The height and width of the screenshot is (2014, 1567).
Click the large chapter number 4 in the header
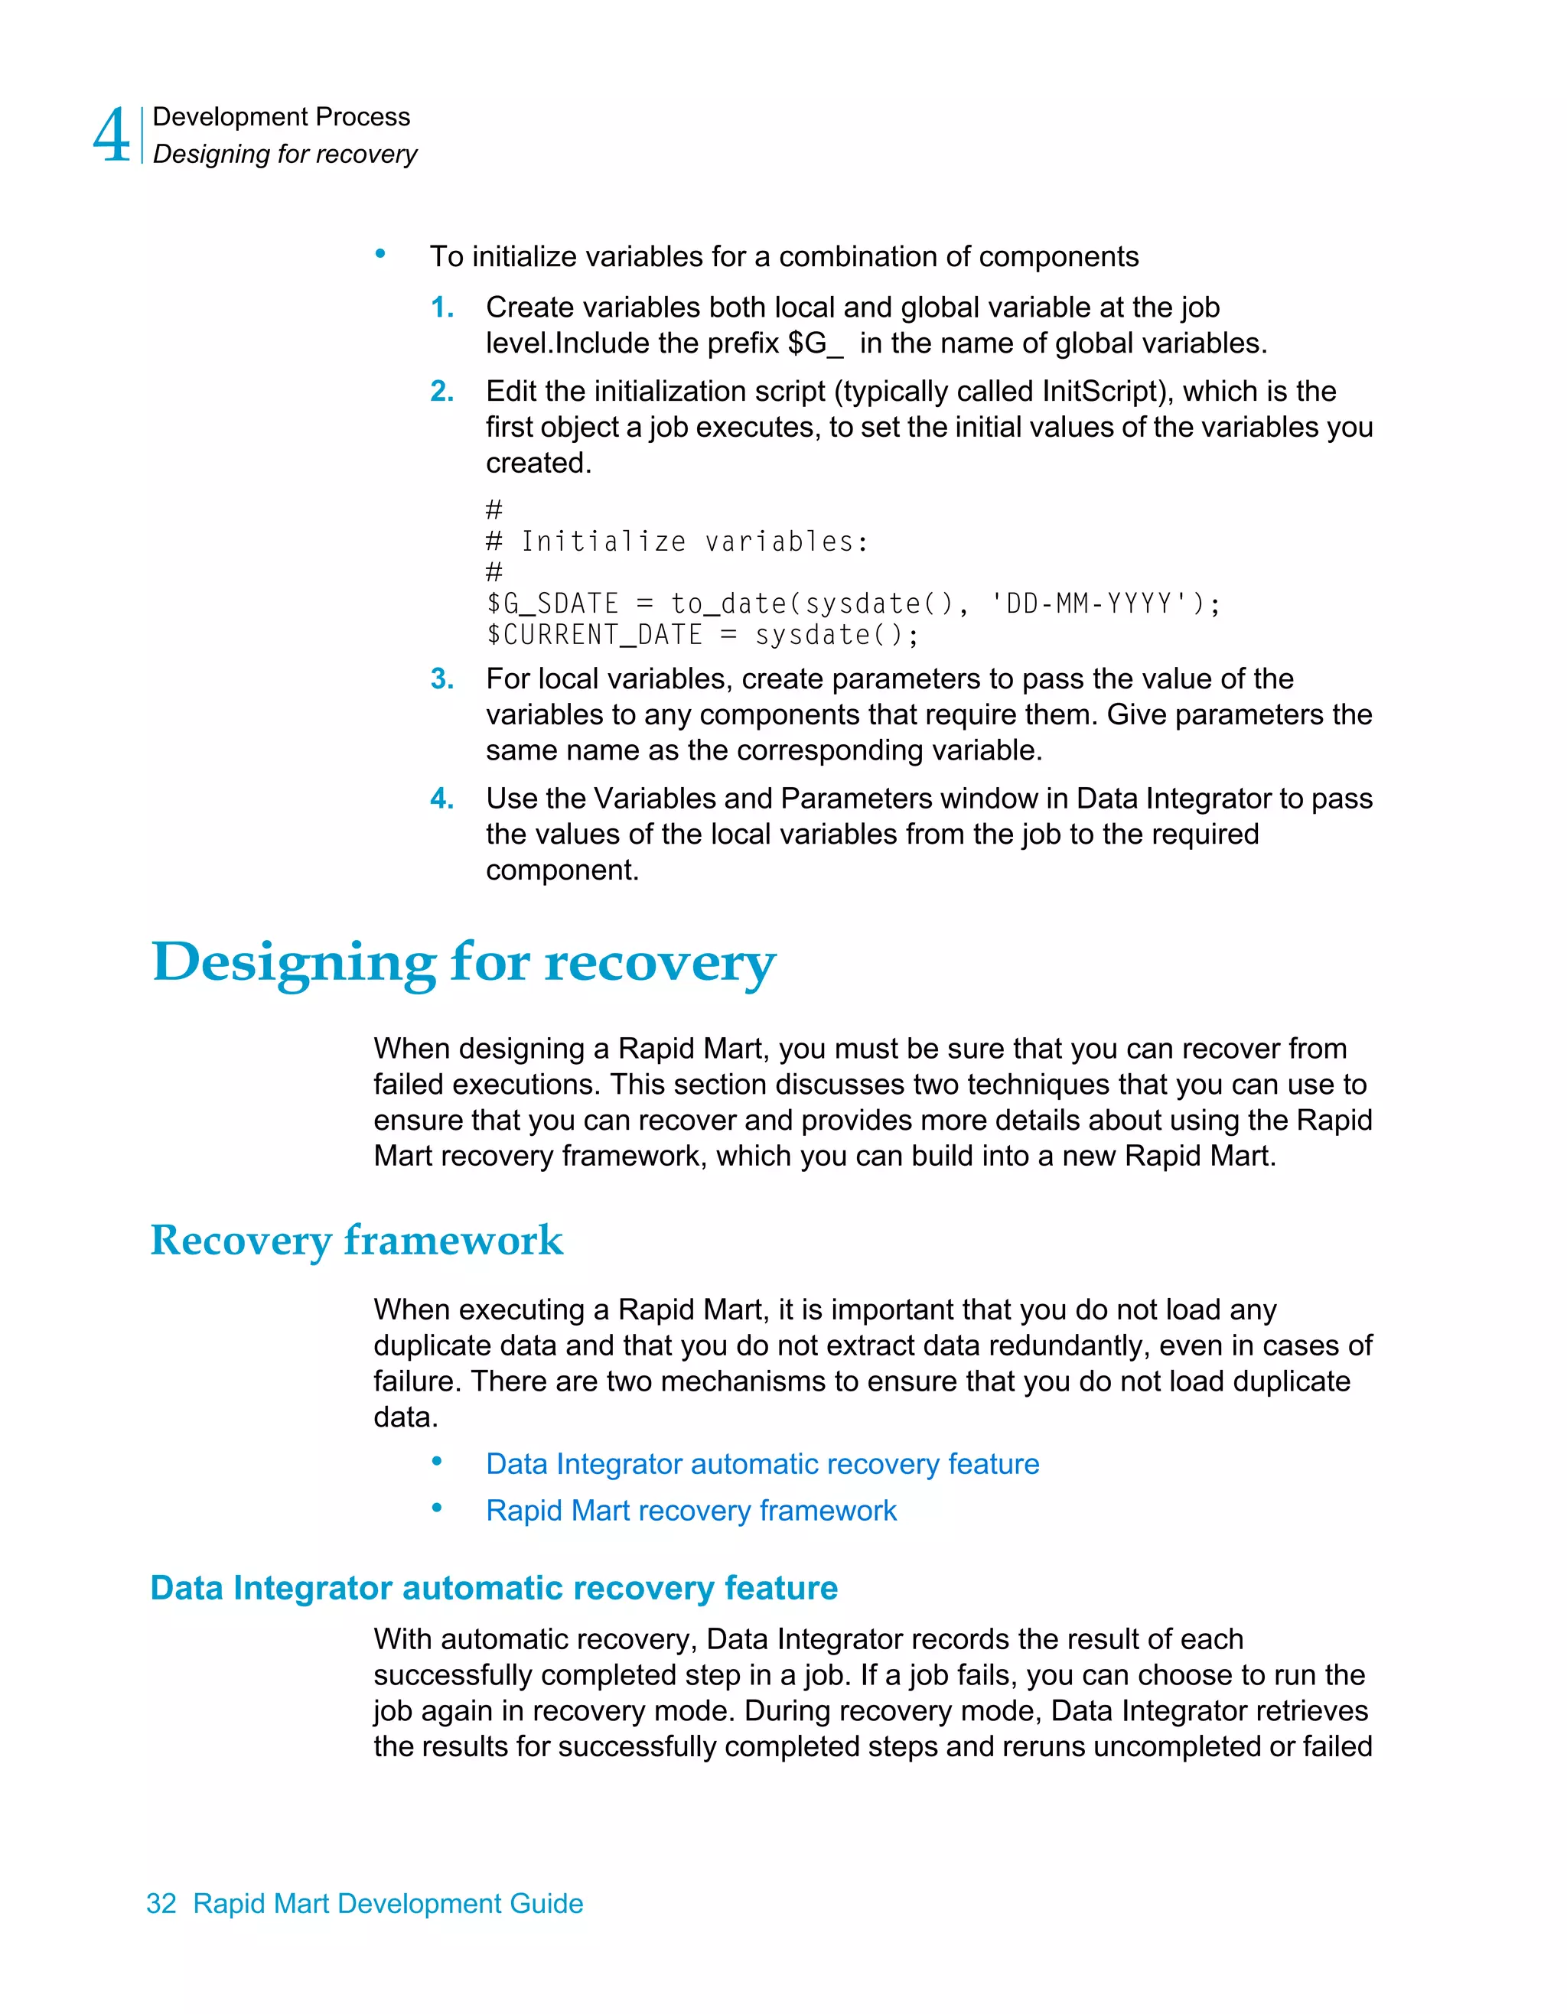point(112,135)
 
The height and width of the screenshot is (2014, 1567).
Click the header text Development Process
point(282,117)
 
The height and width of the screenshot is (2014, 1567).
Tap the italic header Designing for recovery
point(285,154)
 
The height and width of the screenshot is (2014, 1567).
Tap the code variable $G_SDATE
point(552,604)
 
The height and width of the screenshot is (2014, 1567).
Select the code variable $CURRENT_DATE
point(595,636)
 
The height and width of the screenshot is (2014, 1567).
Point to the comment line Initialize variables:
point(693,542)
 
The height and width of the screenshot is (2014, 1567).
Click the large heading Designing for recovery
point(464,963)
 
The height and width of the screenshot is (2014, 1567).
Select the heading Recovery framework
point(357,1241)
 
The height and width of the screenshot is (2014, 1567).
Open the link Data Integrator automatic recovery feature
point(762,1464)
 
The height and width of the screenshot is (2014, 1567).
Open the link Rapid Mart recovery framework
point(691,1511)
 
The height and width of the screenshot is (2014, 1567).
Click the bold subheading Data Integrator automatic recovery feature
point(494,1588)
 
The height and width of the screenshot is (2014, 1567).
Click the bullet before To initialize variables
point(380,255)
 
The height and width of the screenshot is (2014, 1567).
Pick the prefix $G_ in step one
point(816,344)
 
